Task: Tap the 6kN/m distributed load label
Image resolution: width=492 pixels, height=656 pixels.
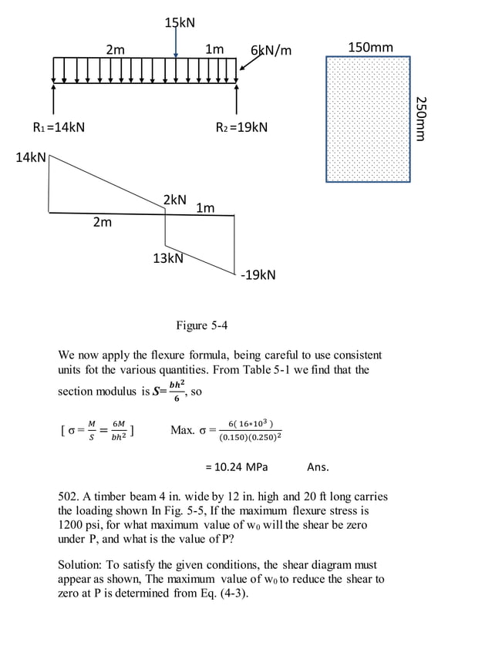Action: click(x=271, y=51)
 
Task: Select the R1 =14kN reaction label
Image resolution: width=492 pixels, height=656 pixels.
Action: click(x=59, y=127)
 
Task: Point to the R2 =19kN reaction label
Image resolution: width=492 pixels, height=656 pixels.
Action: click(x=241, y=127)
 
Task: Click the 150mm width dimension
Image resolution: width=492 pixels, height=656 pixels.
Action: click(x=370, y=48)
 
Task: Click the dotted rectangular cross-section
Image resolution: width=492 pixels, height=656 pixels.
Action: click(x=368, y=119)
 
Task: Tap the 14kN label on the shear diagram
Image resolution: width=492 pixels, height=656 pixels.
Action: click(x=31, y=158)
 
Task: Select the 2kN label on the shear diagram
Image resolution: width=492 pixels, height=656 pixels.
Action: click(x=175, y=200)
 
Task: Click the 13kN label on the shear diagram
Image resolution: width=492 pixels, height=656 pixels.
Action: click(x=167, y=258)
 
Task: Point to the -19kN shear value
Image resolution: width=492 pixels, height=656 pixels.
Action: click(x=258, y=275)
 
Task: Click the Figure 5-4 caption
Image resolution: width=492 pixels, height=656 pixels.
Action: click(x=202, y=325)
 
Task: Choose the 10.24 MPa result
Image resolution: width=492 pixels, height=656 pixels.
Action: click(x=236, y=467)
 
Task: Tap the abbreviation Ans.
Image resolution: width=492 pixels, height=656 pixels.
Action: click(x=318, y=467)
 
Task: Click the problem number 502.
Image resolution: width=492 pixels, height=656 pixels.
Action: click(x=69, y=496)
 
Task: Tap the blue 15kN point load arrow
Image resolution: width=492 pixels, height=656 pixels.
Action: click(x=177, y=43)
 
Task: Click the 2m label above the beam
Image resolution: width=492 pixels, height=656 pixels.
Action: click(x=116, y=50)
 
